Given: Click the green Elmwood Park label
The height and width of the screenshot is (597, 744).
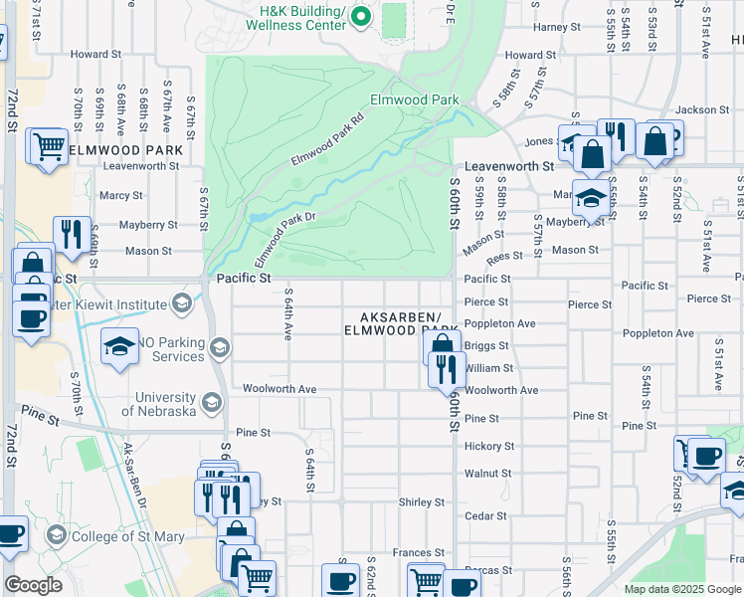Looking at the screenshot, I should (x=414, y=99).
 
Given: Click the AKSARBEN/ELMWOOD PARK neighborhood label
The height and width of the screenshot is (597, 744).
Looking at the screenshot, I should (x=402, y=322).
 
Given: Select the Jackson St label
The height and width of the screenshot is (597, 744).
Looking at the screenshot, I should (x=695, y=109).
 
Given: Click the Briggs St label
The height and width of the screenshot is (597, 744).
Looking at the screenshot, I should (x=487, y=346).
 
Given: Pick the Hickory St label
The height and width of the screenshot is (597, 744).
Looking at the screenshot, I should (x=489, y=447).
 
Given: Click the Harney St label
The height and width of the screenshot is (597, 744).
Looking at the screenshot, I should (x=555, y=28).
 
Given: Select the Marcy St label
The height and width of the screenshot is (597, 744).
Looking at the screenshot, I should (x=121, y=195).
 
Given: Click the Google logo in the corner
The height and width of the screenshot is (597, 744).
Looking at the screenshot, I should (x=33, y=585).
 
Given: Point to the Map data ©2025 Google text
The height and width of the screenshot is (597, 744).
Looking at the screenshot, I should (x=682, y=589).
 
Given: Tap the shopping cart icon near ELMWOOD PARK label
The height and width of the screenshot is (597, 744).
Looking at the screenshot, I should (x=48, y=146).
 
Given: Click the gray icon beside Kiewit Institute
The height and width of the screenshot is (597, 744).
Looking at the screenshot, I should (x=181, y=301).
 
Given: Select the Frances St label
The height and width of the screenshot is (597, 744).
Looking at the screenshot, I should (x=418, y=552).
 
